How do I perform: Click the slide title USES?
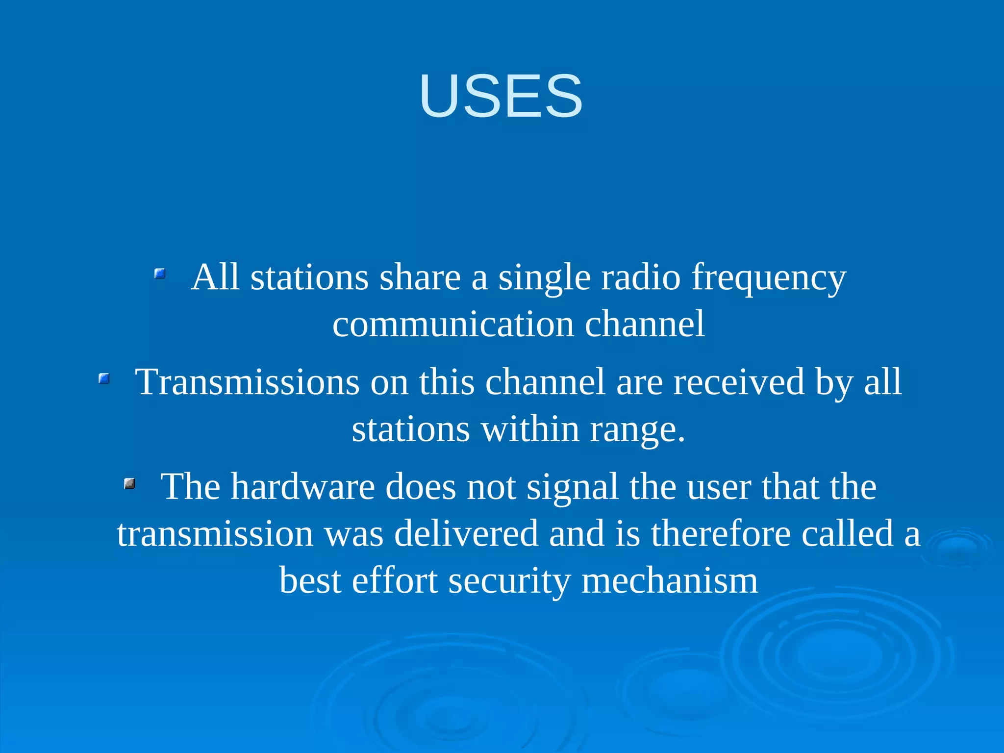[501, 96]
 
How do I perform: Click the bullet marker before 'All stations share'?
[160, 274]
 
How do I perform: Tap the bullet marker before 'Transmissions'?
[104, 378]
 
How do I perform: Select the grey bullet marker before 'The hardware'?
[129, 484]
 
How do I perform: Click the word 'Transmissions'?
[247, 382]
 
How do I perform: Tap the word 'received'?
[738, 382]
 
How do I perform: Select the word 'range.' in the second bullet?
[637, 430]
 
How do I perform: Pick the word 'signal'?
[572, 488]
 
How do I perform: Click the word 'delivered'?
[466, 534]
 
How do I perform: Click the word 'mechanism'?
[669, 580]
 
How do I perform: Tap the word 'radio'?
[641, 277]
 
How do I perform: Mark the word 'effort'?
[394, 580]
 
